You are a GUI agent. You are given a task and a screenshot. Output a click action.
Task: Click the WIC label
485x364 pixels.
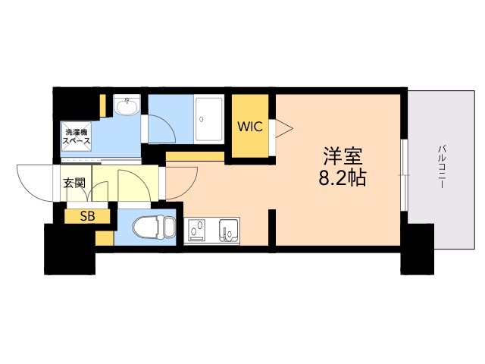[250, 127]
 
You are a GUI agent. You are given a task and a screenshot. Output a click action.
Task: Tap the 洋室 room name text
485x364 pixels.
[343, 156]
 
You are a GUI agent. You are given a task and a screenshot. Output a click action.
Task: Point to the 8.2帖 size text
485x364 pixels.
[343, 177]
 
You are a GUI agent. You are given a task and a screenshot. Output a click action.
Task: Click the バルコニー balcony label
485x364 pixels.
[441, 168]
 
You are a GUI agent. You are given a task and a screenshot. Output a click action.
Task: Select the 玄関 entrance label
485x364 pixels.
[74, 183]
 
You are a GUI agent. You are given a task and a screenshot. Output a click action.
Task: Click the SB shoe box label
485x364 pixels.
[88, 216]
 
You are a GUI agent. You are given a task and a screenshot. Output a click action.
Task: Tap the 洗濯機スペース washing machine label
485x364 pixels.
[77, 136]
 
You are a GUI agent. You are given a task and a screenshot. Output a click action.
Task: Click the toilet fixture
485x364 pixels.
[154, 227]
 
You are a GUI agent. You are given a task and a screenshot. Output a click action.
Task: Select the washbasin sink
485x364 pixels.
[127, 105]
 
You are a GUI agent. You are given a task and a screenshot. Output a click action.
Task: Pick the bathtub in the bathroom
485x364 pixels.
[209, 119]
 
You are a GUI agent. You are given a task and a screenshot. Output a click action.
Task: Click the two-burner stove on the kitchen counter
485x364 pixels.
[196, 231]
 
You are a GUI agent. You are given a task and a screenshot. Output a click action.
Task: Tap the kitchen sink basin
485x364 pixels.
[229, 231]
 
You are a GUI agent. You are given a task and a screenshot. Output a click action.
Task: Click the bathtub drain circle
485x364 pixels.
[202, 119]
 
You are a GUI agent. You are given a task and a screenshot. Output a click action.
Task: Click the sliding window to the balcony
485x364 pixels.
[405, 175]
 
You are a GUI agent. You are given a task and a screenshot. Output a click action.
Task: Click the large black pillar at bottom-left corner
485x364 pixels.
[70, 249]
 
